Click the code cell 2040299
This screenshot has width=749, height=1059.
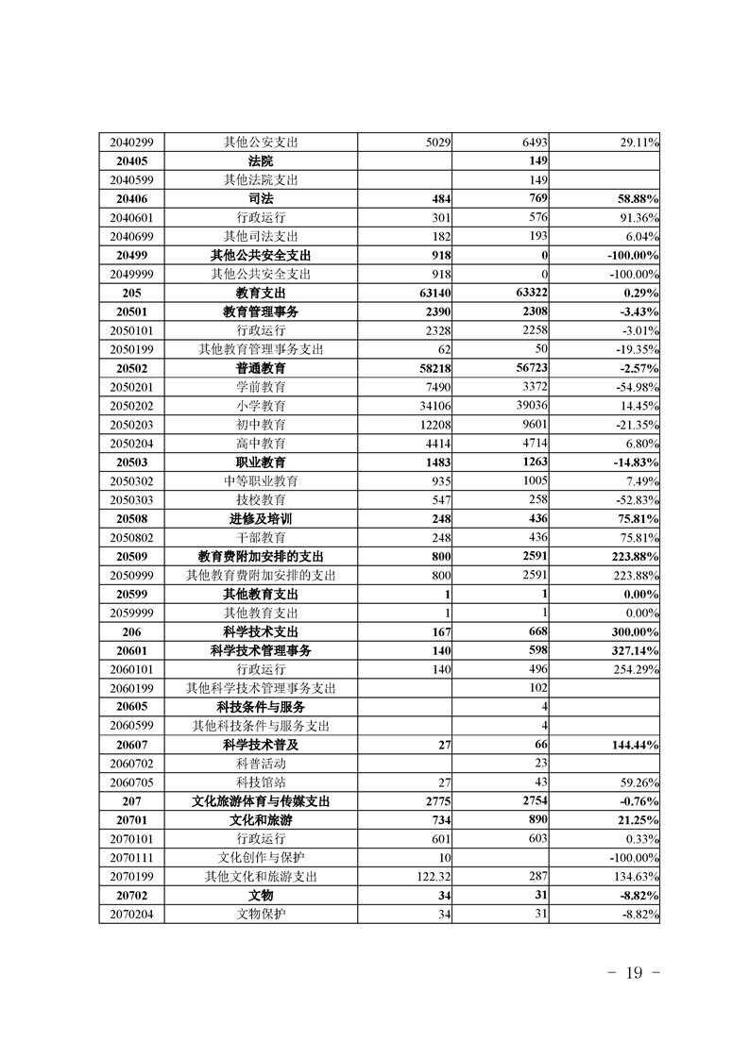pos(131,142)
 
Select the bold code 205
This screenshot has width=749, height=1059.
pos(131,293)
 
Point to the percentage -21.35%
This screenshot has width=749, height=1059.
pos(635,424)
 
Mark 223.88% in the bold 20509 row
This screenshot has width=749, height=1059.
pos(632,556)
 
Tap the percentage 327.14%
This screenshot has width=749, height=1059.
pos(632,650)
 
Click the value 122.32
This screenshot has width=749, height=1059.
pos(430,877)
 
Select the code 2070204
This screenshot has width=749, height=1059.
pos(131,915)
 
